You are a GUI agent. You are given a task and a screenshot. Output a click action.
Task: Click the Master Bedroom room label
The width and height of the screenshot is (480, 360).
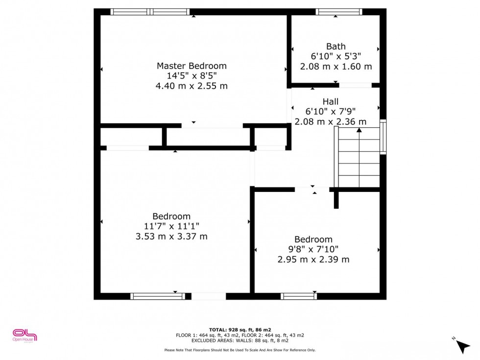click(x=192, y=66)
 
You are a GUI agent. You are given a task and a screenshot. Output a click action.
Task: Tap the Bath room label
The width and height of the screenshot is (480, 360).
click(x=336, y=47)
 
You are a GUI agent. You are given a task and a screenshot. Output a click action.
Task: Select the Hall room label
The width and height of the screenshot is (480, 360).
click(x=331, y=102)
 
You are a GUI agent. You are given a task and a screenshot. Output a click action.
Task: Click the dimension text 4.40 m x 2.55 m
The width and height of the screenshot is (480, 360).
click(x=192, y=86)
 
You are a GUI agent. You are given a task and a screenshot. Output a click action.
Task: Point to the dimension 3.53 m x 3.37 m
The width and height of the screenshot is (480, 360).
click(x=171, y=236)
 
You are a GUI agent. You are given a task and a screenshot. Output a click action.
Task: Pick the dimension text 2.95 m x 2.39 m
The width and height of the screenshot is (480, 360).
click(x=313, y=260)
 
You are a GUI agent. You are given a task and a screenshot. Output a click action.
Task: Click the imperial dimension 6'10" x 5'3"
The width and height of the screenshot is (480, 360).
click(x=336, y=56)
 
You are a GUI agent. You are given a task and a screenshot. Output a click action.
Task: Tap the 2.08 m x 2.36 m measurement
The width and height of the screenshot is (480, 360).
click(x=330, y=122)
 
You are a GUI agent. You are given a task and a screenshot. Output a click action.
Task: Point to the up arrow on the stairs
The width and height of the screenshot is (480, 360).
click(x=359, y=130)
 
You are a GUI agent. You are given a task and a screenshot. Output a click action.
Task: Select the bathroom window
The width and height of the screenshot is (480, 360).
click(x=339, y=12)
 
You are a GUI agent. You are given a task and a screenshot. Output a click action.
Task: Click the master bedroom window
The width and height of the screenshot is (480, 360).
click(x=150, y=12)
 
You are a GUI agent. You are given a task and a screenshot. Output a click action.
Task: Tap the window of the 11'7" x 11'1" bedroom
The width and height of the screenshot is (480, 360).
click(x=158, y=296)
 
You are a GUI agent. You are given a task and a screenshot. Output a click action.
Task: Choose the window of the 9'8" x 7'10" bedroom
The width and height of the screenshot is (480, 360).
click(x=299, y=296)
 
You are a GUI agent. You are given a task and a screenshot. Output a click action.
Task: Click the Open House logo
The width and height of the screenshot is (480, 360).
click(x=24, y=336)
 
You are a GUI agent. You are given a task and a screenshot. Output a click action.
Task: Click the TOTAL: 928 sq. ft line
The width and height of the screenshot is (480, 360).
click(x=240, y=330)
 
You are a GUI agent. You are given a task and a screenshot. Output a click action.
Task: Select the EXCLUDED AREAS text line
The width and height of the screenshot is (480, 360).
click(x=240, y=340)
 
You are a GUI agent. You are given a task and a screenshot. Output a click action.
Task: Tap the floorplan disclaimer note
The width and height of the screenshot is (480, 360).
click(x=240, y=350)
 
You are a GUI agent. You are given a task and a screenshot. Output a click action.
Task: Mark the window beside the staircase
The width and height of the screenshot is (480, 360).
click(x=383, y=137)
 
